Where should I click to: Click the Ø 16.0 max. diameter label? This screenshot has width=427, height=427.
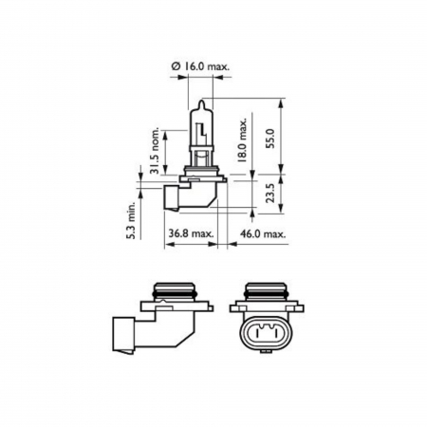coord(201,66)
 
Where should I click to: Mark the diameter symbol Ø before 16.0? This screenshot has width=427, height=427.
coord(176,66)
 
